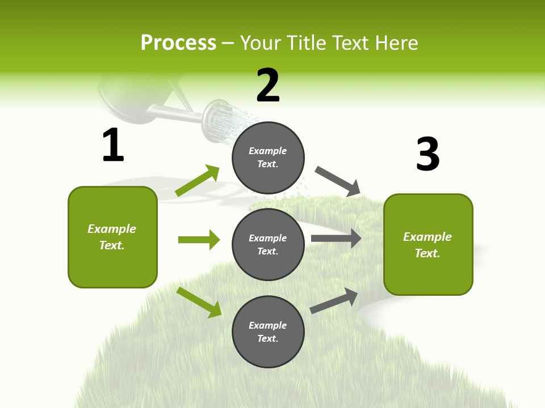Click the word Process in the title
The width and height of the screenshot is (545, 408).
(x=178, y=43)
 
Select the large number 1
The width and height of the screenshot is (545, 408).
(x=113, y=145)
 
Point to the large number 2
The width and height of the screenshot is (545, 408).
(x=268, y=86)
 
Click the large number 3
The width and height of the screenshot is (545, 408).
(x=427, y=154)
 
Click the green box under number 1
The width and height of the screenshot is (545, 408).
(x=112, y=237)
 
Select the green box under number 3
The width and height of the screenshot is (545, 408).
(x=428, y=245)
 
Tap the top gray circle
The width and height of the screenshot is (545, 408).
(x=268, y=158)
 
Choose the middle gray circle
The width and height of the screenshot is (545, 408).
(x=268, y=244)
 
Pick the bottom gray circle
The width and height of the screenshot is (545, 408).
(x=268, y=331)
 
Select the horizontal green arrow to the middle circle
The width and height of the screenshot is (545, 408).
(x=199, y=240)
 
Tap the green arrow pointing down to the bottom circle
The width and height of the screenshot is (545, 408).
(x=199, y=302)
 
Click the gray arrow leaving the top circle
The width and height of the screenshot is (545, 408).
(x=338, y=181)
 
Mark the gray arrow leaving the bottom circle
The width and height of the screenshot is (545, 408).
(x=334, y=301)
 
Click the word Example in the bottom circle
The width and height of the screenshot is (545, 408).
(x=268, y=325)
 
